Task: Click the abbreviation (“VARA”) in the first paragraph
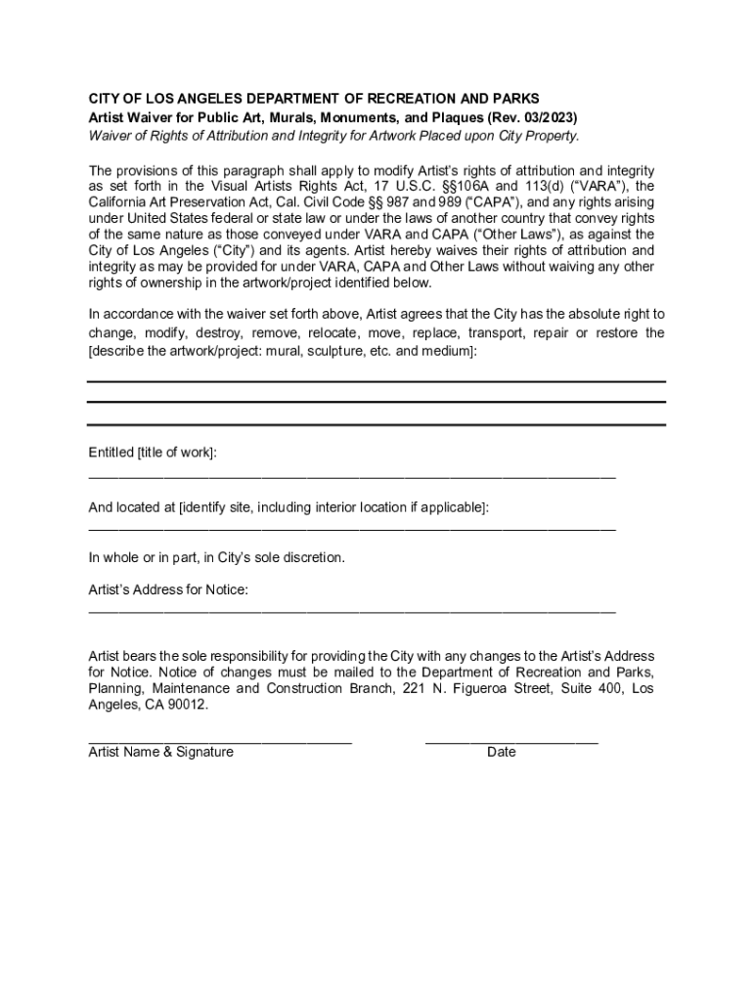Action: coord(598,187)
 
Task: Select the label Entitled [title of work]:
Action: coord(153,453)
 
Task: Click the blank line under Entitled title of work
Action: coord(352,477)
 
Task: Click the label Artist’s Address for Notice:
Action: coord(168,589)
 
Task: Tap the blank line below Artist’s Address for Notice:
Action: coord(352,612)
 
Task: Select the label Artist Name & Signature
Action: coord(161,752)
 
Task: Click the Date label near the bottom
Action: coord(501,752)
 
